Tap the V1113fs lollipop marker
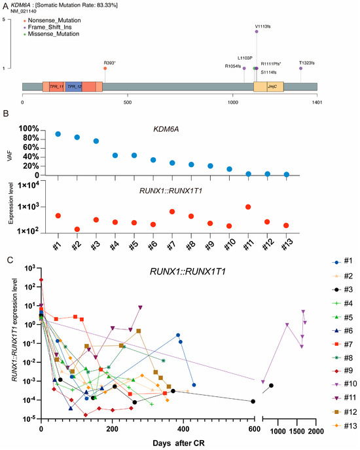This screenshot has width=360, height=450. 257,31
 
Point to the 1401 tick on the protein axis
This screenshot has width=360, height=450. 317,102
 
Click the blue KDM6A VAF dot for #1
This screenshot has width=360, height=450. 58,134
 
